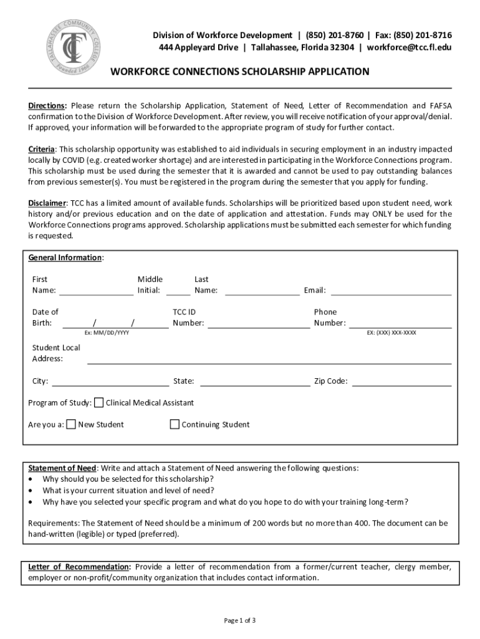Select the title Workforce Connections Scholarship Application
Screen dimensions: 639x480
[239, 72]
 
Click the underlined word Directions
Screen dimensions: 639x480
[47, 105]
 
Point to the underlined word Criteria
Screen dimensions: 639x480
[42, 149]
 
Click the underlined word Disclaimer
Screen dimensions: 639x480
[47, 203]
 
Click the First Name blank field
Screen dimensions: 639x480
[96, 291]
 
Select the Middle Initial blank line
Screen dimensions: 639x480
[178, 291]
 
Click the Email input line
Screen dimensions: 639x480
[391, 291]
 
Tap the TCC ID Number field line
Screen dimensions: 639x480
[258, 324]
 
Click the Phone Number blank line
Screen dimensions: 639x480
[400, 324]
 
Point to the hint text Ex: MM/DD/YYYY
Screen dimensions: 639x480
[107, 333]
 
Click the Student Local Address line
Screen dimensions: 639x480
[269, 359]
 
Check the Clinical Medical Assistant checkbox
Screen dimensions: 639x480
[99, 402]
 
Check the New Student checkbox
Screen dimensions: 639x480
[71, 424]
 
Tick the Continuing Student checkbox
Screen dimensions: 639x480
[175, 424]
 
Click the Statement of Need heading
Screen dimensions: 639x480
[62, 468]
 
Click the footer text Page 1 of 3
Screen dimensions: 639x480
[240, 620]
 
